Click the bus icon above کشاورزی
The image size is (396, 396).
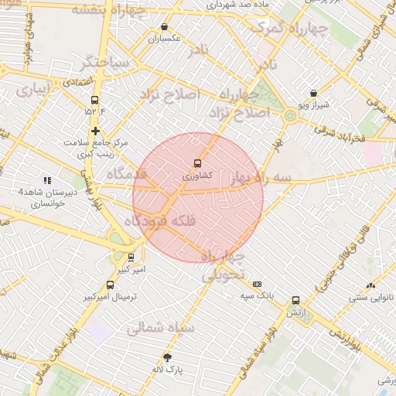coord(197,163)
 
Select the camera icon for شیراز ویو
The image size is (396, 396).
coord(312,94)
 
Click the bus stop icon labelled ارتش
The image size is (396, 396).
coord(295,301)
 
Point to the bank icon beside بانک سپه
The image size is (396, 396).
coord(258,285)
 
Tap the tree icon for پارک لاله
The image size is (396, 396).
coord(168,357)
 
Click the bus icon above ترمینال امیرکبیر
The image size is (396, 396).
coord(110,285)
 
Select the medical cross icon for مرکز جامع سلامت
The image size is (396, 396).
coord(95,131)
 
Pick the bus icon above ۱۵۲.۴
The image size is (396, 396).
coord(95,100)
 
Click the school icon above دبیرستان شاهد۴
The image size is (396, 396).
coord(47,180)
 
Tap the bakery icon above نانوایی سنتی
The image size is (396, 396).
coord(371,285)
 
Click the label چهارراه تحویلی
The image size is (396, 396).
coord(224,265)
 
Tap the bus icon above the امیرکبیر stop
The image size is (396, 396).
coord(130,258)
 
